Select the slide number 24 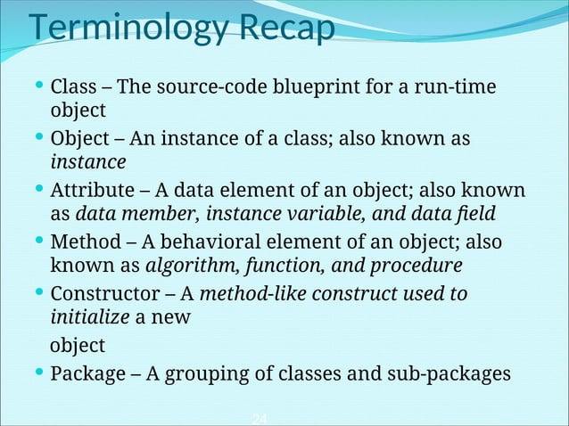tap(259, 419)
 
